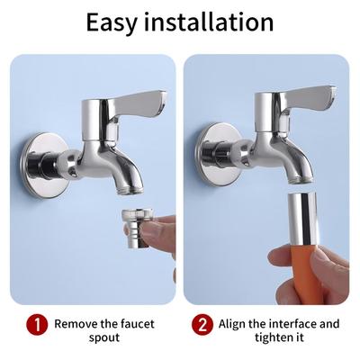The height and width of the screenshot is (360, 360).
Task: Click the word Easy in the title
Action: click(x=112, y=22)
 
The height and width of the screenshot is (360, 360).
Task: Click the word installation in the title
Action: click(x=209, y=22)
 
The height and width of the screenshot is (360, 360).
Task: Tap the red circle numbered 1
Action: click(x=37, y=324)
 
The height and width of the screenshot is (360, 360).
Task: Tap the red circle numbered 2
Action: click(x=202, y=324)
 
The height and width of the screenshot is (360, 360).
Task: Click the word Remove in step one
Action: click(x=76, y=324)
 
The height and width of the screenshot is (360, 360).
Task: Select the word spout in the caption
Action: click(x=104, y=338)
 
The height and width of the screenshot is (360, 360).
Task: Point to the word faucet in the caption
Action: click(x=138, y=324)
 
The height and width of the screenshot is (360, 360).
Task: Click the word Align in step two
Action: click(x=232, y=325)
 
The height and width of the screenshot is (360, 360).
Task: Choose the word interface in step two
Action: click(x=292, y=324)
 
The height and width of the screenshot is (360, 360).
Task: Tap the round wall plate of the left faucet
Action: click(x=45, y=166)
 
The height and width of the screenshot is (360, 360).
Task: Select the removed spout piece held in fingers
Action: click(x=137, y=229)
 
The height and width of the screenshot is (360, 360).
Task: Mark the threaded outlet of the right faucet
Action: click(x=301, y=179)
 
